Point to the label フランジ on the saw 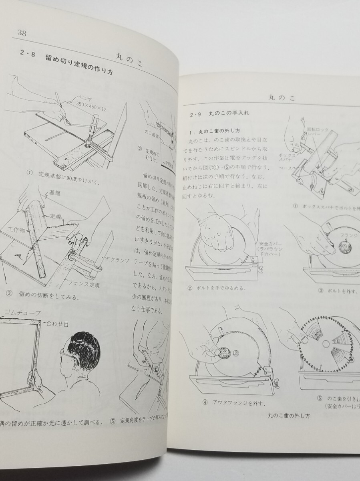pyautogui.click(x=348, y=236)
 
